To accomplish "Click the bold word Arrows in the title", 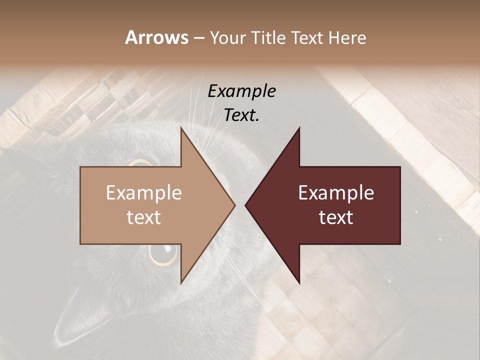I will coord(156,37).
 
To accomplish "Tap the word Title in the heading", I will coord(268,38).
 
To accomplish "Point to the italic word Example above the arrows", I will coord(241,91).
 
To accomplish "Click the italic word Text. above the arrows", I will coord(241,115).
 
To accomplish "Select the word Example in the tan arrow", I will coord(143,193).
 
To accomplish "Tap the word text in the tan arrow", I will coord(143,217).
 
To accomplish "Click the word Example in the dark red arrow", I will coord(336,193).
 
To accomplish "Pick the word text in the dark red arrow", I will coord(336,217).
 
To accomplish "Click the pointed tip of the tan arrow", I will coord(235,205).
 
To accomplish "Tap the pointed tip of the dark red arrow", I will coord(245,205).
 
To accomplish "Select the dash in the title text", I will coord(198,38).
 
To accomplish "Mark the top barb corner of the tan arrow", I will coord(181,128).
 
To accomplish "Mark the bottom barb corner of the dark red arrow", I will coord(299,283).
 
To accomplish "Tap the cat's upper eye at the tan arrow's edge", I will coord(140,163).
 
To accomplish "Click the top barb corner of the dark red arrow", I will coord(299,128).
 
